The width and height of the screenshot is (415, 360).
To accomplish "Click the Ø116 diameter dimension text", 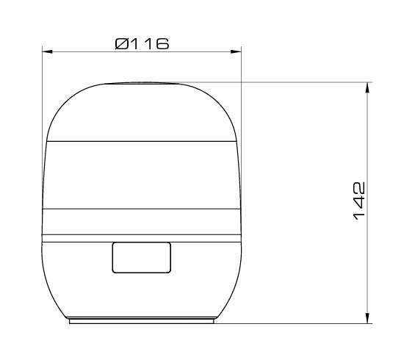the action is [142, 43].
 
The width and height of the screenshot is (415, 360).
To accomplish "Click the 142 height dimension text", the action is [359, 201].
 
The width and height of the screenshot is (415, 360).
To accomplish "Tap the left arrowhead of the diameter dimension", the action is [47, 51].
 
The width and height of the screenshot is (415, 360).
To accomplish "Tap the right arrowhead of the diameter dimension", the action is [236, 51].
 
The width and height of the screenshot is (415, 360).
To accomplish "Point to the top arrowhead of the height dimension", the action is [367, 87].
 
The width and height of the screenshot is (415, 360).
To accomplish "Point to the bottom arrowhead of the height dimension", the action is [367, 318].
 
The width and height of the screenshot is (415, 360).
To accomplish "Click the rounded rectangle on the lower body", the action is [142, 258].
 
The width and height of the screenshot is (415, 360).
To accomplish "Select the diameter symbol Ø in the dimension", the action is [122, 44].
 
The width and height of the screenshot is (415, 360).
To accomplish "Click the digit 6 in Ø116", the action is [162, 44].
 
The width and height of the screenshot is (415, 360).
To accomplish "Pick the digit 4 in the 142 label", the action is [359, 201].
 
